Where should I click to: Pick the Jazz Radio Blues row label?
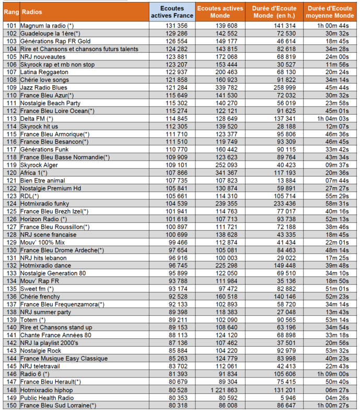coord(44,87)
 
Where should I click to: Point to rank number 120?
coord(10,173)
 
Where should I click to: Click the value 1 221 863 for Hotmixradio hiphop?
coord(220,390)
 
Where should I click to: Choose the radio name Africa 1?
coord(33,173)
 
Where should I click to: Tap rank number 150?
coord(10,405)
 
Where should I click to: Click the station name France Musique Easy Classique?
coord(64,359)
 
